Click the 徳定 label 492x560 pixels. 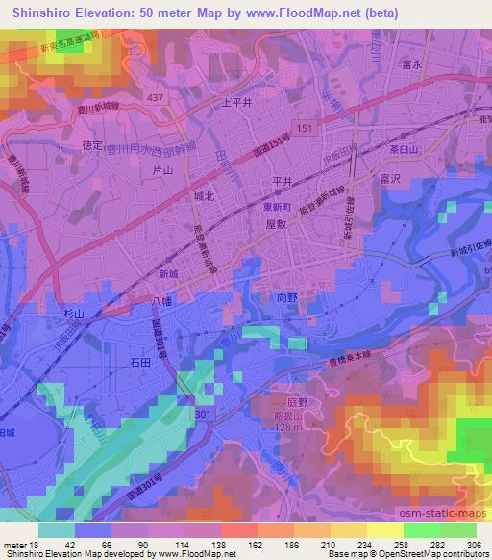[x=93, y=145]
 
